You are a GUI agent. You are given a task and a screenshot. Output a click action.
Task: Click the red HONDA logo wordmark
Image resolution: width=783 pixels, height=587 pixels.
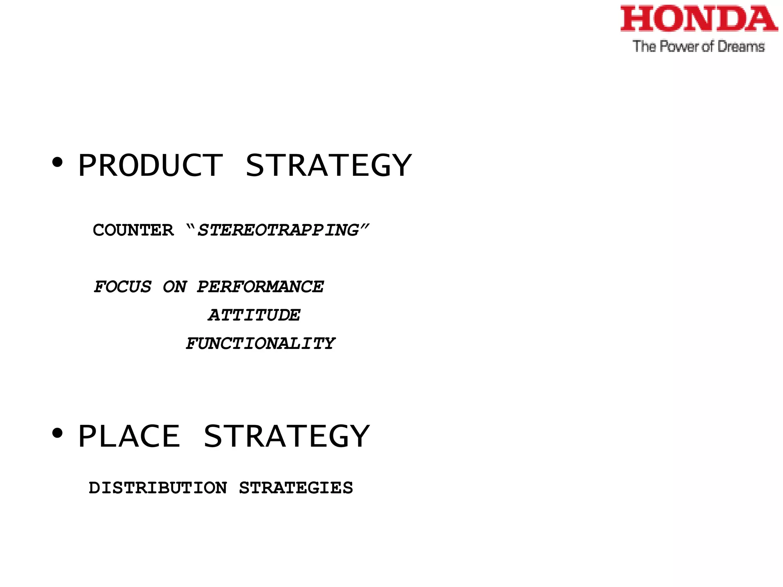pos(699,19)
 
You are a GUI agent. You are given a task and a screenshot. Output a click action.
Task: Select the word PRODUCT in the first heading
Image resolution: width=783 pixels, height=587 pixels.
pos(150,165)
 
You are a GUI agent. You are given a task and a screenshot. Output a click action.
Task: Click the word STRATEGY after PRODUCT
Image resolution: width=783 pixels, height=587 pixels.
pos(328,165)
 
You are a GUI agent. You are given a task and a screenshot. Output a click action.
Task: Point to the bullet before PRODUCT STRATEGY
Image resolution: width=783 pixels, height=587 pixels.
pos(57,163)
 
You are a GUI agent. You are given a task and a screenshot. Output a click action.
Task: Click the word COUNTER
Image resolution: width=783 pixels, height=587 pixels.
pos(133,230)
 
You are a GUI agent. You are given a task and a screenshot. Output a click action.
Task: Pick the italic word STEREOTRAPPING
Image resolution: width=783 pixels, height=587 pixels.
pos(278,230)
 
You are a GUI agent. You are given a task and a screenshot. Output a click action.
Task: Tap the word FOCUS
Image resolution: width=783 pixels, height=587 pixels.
pos(123,287)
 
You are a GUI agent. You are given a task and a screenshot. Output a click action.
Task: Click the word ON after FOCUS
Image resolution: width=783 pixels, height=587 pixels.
pos(175,287)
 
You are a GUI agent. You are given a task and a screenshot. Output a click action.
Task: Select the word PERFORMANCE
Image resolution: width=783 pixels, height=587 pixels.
pos(260,287)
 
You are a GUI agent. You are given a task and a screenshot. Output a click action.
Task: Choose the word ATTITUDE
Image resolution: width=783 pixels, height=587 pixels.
pos(254,315)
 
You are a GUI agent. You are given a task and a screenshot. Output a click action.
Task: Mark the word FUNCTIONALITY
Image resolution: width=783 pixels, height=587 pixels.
pos(260,344)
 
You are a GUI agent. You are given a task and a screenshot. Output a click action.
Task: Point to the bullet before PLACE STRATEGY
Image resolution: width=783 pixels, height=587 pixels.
pos(57,433)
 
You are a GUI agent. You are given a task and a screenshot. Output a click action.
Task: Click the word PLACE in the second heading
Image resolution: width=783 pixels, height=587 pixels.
pos(129,436)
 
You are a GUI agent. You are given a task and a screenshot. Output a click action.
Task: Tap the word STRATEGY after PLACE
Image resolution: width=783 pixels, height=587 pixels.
pos(286,436)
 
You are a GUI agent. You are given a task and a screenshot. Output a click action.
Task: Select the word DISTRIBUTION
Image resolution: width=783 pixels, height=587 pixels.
pos(158,488)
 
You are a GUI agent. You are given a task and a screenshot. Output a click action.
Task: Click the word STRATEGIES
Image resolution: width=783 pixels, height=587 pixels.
pos(296,488)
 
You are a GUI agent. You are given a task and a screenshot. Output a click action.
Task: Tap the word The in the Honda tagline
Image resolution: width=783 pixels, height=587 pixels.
pos(644,47)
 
